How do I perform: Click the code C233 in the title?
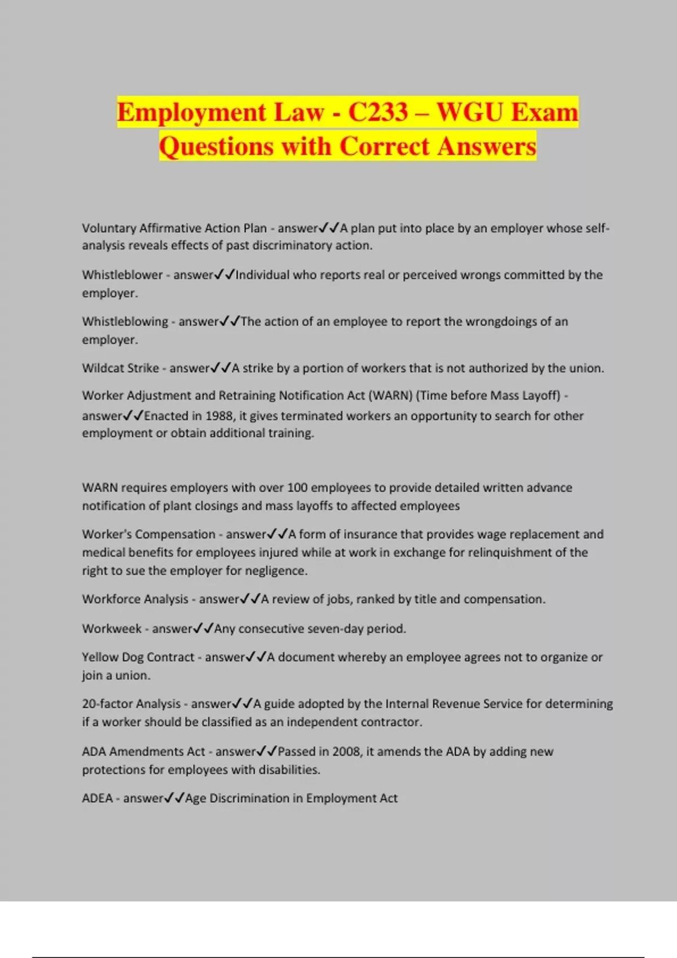(x=377, y=112)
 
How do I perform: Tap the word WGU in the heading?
(x=470, y=112)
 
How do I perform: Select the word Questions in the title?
(x=217, y=147)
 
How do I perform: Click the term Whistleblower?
(x=122, y=275)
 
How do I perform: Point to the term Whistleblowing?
(x=125, y=322)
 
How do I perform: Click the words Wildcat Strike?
(x=120, y=369)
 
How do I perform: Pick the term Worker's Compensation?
(x=148, y=534)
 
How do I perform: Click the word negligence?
(x=275, y=571)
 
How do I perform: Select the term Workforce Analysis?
(x=135, y=599)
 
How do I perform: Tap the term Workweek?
(x=112, y=629)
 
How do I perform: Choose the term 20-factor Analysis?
(x=131, y=704)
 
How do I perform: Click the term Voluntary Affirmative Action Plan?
(x=174, y=228)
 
